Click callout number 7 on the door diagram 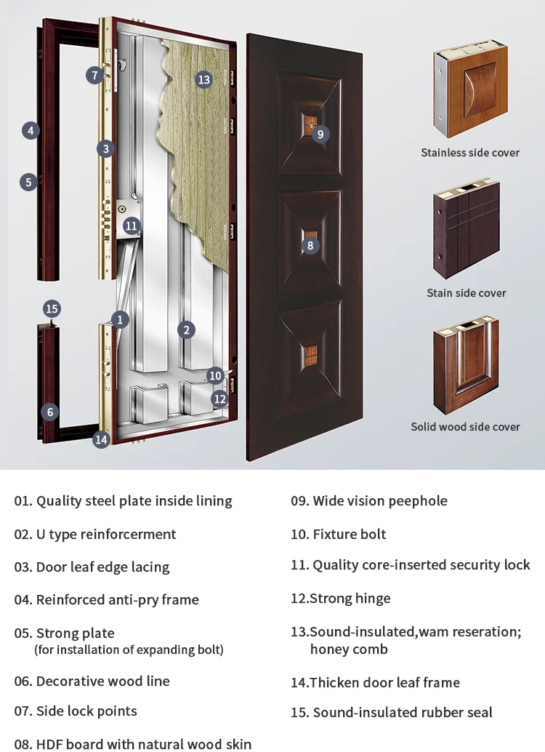pyautogui.click(x=94, y=75)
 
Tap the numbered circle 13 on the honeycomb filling pyautogui.click(x=203, y=80)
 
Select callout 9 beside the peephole pyautogui.click(x=320, y=134)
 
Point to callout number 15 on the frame pyautogui.click(x=30, y=131)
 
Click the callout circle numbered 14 pyautogui.click(x=101, y=439)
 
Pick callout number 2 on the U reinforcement pyautogui.click(x=186, y=330)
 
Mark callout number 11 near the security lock pyautogui.click(x=131, y=225)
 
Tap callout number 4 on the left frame pyautogui.click(x=30, y=131)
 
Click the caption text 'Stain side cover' pyautogui.click(x=467, y=293)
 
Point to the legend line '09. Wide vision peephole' pyautogui.click(x=369, y=501)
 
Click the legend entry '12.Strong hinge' pyautogui.click(x=341, y=599)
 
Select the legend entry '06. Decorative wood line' pyautogui.click(x=92, y=681)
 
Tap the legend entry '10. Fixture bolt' pyautogui.click(x=339, y=535)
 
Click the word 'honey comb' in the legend pyautogui.click(x=349, y=649)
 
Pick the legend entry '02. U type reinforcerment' pyautogui.click(x=95, y=535)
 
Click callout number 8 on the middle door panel pyautogui.click(x=310, y=246)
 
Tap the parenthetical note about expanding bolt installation pyautogui.click(x=129, y=649)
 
